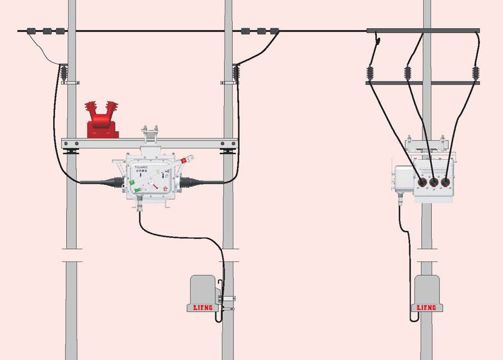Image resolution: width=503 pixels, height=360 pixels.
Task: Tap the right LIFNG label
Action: [427, 308]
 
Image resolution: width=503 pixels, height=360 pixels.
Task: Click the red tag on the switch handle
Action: [184, 161]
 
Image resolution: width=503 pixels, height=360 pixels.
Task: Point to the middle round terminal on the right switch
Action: [434, 182]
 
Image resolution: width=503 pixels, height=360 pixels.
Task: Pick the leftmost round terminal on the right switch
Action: [421, 182]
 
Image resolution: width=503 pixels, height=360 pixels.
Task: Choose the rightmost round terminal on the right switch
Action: [446, 182]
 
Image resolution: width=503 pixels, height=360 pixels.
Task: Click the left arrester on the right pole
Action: [370, 73]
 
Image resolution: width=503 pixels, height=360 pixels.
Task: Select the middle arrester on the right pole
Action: [409, 73]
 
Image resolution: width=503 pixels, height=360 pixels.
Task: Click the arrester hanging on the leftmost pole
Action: [64, 74]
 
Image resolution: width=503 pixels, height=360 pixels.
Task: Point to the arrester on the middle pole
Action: [236, 74]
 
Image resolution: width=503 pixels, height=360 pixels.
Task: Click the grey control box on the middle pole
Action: [202, 289]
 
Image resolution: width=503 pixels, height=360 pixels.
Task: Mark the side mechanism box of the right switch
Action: [403, 180]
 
